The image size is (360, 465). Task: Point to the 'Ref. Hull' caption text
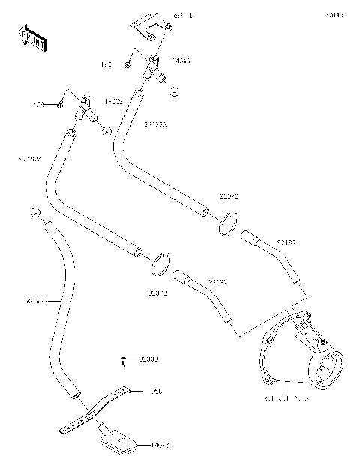click(183, 15)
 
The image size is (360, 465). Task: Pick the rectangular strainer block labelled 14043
click(118, 442)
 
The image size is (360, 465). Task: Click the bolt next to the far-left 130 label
click(59, 103)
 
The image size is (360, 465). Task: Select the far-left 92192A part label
click(31, 158)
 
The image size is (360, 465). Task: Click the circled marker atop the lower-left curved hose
click(35, 212)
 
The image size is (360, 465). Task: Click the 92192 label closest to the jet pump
click(286, 242)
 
